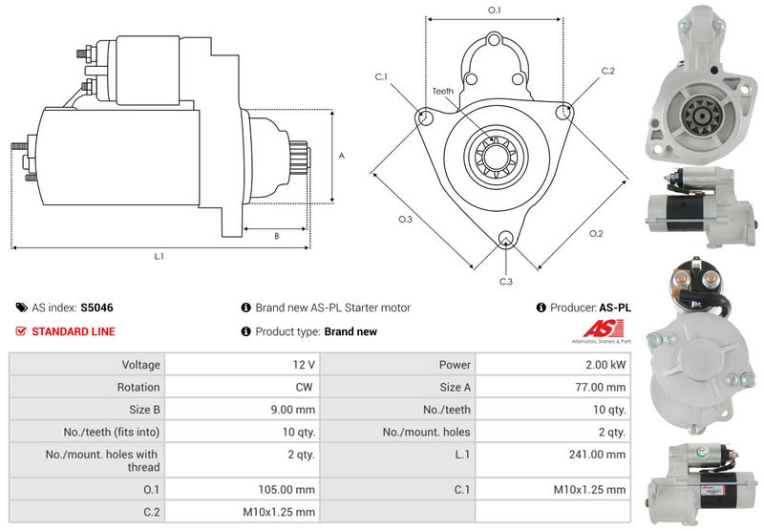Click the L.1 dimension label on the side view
159,256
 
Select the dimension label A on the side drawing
341,155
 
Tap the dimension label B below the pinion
276,235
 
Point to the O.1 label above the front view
495,10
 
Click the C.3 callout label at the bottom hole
506,282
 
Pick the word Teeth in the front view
443,91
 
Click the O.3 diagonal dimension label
405,220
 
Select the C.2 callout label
608,71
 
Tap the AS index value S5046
96,308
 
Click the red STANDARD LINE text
74,331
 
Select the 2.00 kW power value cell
606,364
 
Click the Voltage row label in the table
140,364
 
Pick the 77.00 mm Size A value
604,387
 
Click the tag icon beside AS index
22,308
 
